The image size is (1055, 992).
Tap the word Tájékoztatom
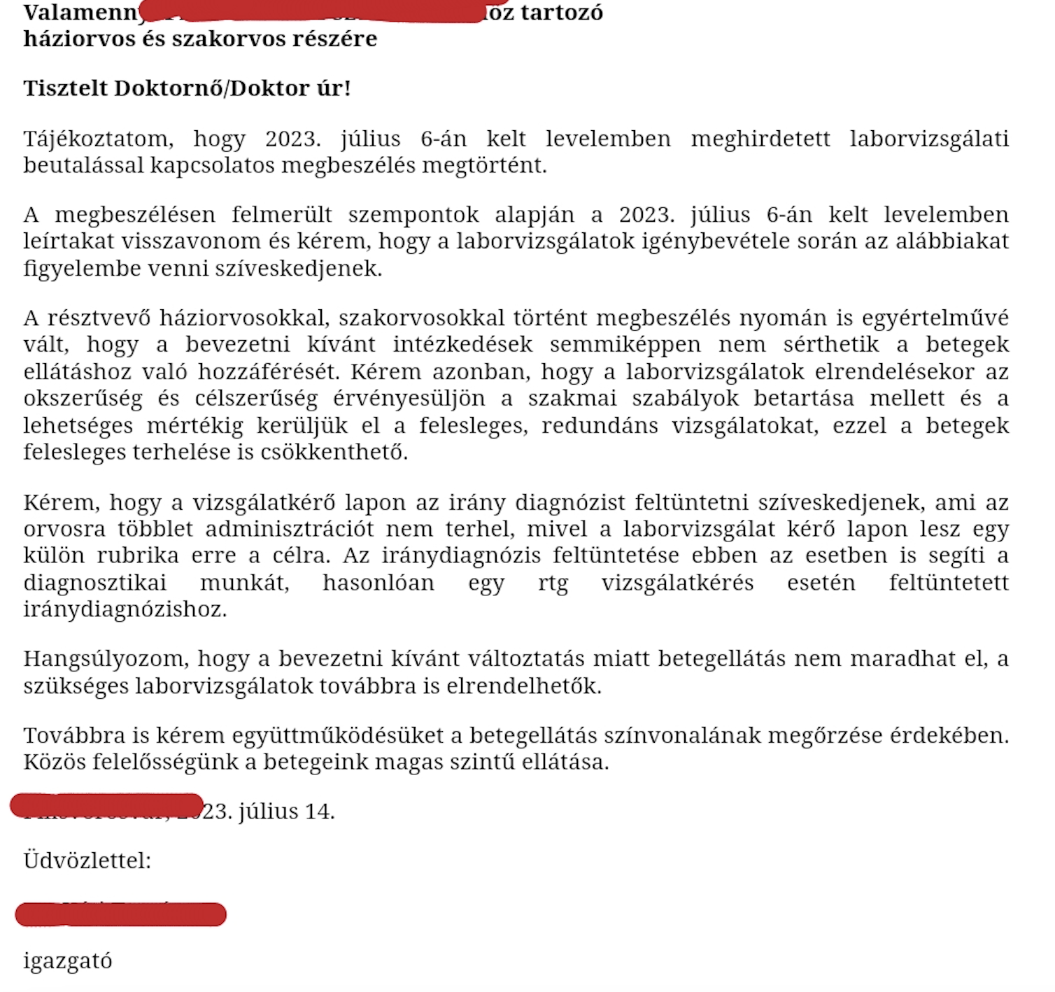click(98, 139)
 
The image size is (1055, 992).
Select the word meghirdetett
click(760, 139)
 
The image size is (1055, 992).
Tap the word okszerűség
click(83, 399)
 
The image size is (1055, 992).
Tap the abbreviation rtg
click(553, 583)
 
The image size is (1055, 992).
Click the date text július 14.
click(287, 812)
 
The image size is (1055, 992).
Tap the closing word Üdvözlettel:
click(87, 860)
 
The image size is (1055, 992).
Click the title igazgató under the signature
click(68, 962)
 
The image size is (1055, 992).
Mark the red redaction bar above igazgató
click(120, 914)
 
